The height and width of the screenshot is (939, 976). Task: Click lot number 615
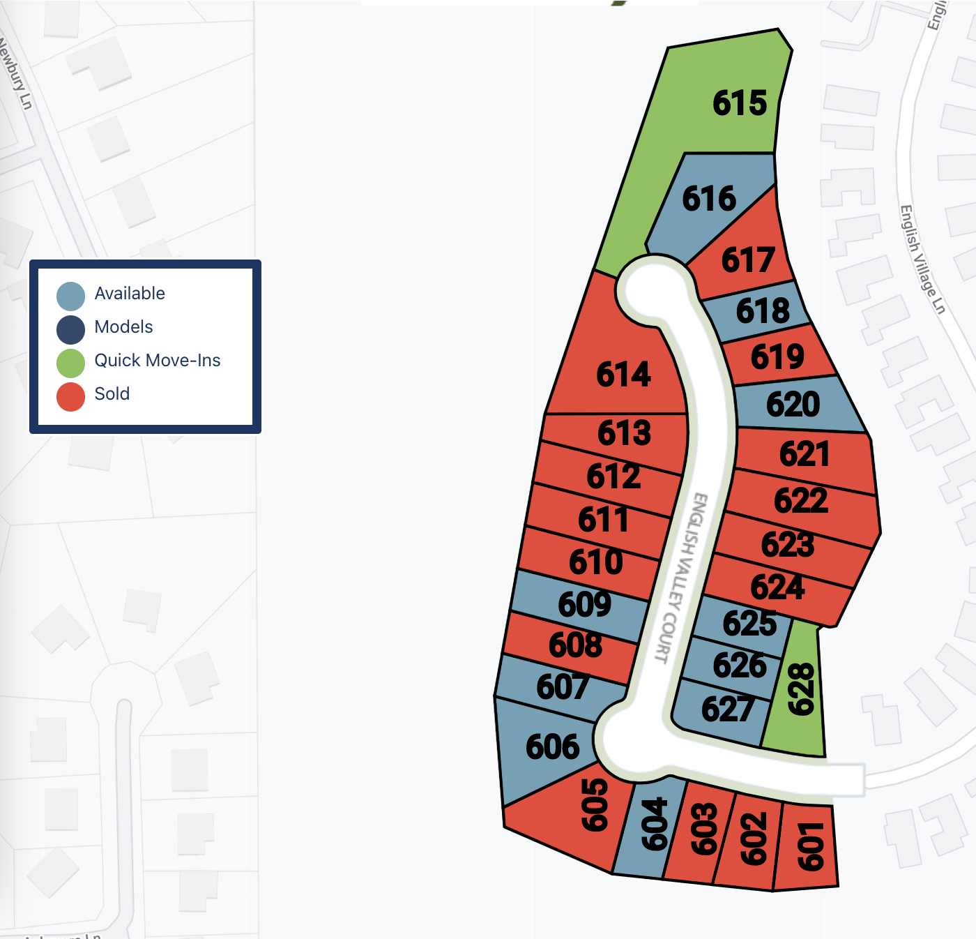coord(739,103)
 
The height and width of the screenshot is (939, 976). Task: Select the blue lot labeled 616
coord(708,199)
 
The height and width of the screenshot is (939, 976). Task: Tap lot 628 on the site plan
coord(800,689)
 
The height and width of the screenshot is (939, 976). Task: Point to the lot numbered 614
coord(623,375)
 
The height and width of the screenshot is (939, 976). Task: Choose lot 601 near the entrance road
coord(811,846)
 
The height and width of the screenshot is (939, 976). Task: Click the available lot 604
coord(654,825)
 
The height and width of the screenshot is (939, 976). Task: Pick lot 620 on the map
coord(793,405)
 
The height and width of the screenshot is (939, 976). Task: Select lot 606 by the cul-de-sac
coord(552,747)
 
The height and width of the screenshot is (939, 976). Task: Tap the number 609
coord(584,604)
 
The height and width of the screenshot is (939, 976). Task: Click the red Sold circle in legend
coord(71,396)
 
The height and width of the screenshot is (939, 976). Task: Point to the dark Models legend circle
coord(71,329)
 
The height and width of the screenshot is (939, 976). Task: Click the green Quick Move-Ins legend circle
coord(71,363)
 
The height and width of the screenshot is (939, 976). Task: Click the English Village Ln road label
coord(922,259)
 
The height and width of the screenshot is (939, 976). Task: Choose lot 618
coord(763,311)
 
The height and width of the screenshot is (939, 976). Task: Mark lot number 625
coord(749,624)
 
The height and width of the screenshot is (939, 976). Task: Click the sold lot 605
coord(594,805)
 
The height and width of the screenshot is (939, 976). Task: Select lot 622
coord(800,501)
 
